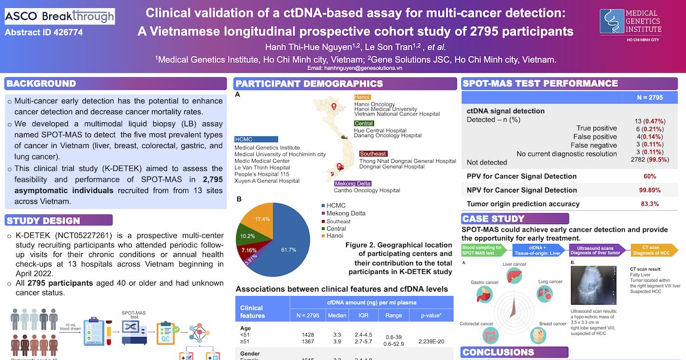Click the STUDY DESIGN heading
[x=44, y=220]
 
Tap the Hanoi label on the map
[x=362, y=98]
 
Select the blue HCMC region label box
[x=256, y=139]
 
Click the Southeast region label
[x=373, y=154]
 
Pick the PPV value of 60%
[x=650, y=176]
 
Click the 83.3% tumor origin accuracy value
[x=650, y=203]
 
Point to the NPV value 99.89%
[x=650, y=190]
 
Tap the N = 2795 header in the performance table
[x=650, y=98]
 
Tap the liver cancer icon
[x=514, y=278]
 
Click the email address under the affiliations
[x=354, y=67]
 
